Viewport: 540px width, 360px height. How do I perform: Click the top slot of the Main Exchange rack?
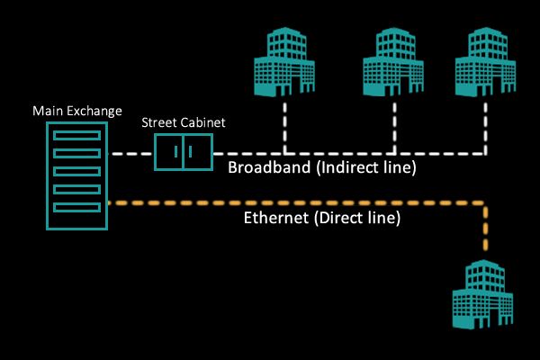click(76, 135)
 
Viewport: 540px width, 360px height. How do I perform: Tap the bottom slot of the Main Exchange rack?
click(76, 207)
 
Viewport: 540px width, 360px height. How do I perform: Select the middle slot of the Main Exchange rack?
click(76, 171)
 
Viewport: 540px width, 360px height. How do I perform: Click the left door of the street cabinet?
click(169, 151)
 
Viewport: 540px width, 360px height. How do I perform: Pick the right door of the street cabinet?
click(198, 151)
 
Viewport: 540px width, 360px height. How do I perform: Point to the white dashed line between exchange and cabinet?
click(130, 153)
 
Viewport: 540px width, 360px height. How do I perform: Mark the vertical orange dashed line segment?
click(486, 229)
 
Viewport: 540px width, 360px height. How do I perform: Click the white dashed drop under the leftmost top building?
click(285, 126)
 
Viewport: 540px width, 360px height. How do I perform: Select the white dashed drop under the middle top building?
click(393, 126)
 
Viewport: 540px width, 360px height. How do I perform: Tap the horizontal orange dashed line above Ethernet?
click(297, 202)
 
